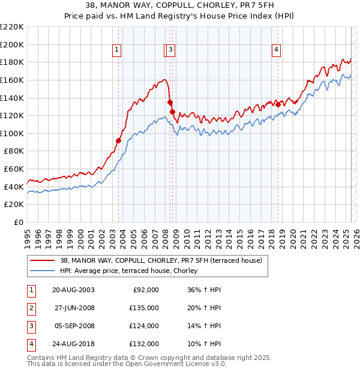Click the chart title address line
180,6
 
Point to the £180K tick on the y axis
12,62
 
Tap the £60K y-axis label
14,169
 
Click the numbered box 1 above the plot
116,50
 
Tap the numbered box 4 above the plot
277,50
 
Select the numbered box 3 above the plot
171,50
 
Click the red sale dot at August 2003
118,140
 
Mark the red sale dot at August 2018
278,104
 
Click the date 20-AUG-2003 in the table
73,290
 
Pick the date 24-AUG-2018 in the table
73,344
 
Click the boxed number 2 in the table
31,308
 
